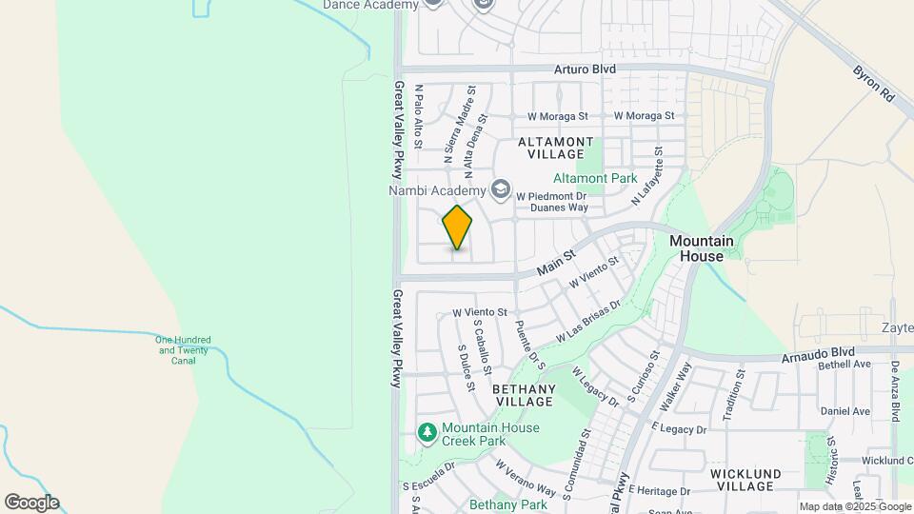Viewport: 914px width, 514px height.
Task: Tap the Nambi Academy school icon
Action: (x=499, y=190)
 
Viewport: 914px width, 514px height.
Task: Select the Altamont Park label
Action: (x=595, y=178)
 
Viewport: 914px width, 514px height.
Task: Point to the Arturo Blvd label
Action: (x=586, y=69)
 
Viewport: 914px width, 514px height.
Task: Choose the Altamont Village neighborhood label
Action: (x=551, y=148)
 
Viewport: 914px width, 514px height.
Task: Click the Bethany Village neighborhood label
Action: (x=524, y=396)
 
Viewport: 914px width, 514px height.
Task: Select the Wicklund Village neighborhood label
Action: (x=745, y=479)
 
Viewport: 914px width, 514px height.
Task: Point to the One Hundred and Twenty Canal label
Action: (x=184, y=350)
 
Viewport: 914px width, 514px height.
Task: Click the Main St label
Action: (x=557, y=264)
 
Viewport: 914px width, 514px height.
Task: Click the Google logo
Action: (x=31, y=503)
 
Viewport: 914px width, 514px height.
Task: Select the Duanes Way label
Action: (x=559, y=207)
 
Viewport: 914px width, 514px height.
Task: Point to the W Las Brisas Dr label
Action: (x=588, y=321)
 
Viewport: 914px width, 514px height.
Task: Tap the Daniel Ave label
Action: (x=845, y=411)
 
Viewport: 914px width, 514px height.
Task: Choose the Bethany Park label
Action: (x=507, y=504)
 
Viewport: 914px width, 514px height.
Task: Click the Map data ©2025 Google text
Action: (x=854, y=506)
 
